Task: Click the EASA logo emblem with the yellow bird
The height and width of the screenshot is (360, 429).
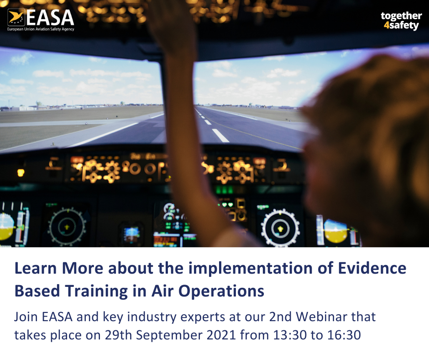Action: (x=16, y=17)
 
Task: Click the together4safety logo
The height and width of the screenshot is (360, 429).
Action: (x=401, y=21)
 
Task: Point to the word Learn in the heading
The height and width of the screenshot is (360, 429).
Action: (x=35, y=268)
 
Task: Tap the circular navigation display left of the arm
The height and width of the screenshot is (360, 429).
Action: (x=67, y=225)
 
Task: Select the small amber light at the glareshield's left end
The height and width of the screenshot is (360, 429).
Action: (x=21, y=172)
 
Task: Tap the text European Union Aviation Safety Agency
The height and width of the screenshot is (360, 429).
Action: (x=41, y=29)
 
